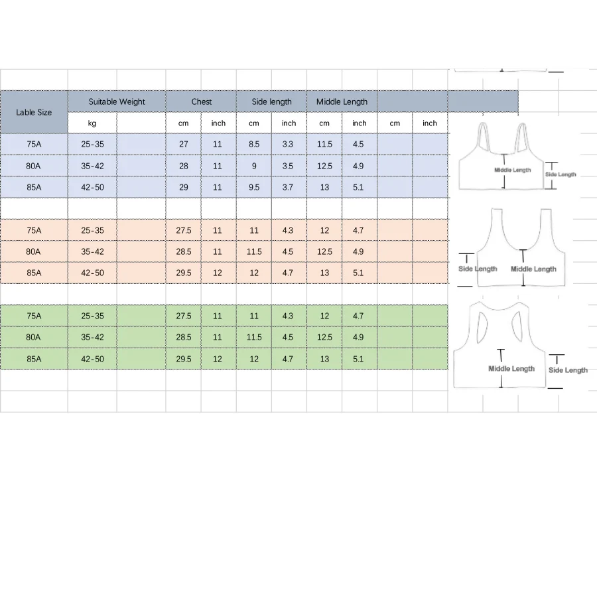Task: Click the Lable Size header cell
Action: [34, 112]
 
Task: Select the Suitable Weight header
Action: [117, 101]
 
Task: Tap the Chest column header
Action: [201, 101]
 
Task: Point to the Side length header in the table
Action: [271, 101]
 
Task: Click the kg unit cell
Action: [92, 123]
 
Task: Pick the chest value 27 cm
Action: [184, 145]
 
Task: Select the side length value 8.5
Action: [254, 145]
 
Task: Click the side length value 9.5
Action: [254, 187]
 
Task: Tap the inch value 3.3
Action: [288, 145]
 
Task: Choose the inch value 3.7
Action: [288, 187]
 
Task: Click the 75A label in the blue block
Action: [34, 145]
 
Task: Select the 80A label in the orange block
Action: [34, 251]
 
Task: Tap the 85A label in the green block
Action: [34, 359]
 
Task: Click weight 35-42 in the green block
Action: [92, 337]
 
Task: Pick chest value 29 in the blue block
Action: [184, 187]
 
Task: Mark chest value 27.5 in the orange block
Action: [184, 230]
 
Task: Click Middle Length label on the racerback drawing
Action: [511, 369]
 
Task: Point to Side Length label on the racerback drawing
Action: [568, 370]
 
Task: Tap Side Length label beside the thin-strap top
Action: [561, 174]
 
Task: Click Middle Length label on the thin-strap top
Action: [513, 170]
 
